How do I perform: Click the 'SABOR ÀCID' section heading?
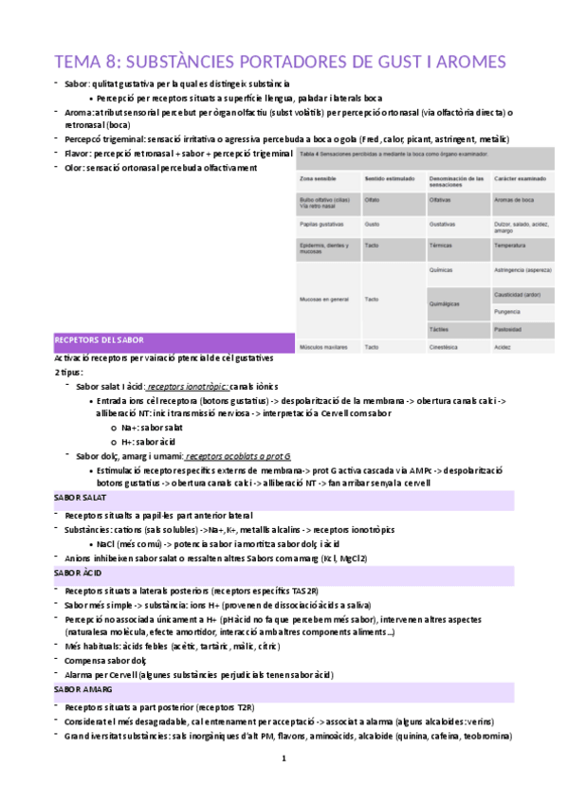[77, 573]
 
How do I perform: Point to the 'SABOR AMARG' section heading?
[82, 690]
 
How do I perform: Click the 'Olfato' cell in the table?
[373, 200]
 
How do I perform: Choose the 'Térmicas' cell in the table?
[440, 245]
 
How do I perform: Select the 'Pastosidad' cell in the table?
[507, 329]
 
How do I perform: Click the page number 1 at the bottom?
[283, 759]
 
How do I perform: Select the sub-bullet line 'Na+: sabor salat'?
[152, 429]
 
